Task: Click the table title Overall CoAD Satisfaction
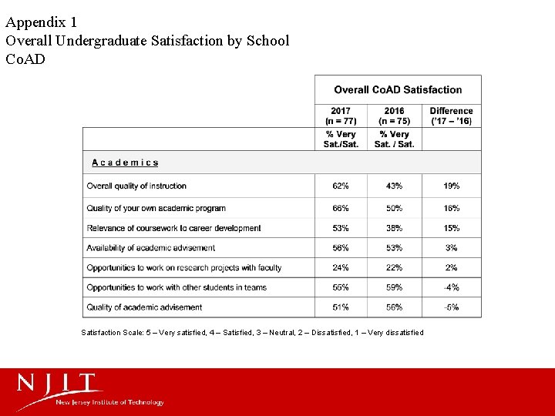click(398, 90)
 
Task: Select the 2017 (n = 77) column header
click(341, 116)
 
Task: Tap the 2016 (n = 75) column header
click(394, 116)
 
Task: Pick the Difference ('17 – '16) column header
click(452, 116)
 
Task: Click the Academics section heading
click(125, 163)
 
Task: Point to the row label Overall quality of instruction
click(136, 186)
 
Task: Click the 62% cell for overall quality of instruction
click(341, 186)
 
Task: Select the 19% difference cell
click(452, 186)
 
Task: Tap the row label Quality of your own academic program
click(156, 208)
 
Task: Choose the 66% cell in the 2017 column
click(341, 208)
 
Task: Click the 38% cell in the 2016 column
click(394, 228)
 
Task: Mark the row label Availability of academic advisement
click(151, 248)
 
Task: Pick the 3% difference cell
click(452, 248)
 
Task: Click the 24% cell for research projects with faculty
click(341, 268)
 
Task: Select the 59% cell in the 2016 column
click(394, 287)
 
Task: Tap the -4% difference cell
click(452, 287)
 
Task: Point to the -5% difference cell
click(452, 307)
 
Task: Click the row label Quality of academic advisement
click(144, 307)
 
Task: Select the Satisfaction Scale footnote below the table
click(252, 333)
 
